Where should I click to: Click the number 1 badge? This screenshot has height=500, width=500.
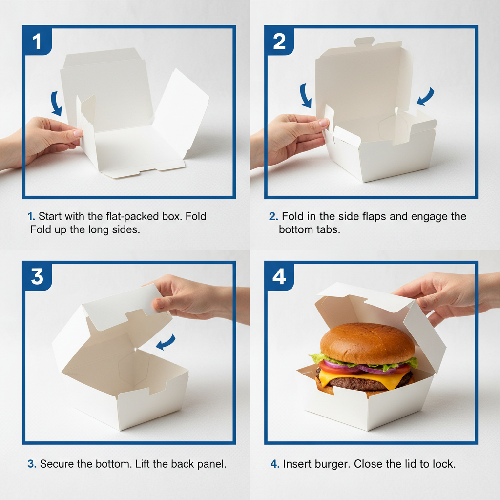[37, 42]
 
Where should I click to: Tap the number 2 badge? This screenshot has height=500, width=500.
[279, 42]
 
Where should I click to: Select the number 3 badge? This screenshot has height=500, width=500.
[37, 276]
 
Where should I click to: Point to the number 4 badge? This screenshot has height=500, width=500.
[279, 276]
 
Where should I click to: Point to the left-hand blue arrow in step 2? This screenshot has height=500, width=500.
[306, 96]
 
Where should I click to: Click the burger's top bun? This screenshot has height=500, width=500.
[367, 342]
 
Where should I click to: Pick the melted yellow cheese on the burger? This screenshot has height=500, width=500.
[386, 378]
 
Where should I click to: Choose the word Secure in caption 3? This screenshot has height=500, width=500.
[58, 464]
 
